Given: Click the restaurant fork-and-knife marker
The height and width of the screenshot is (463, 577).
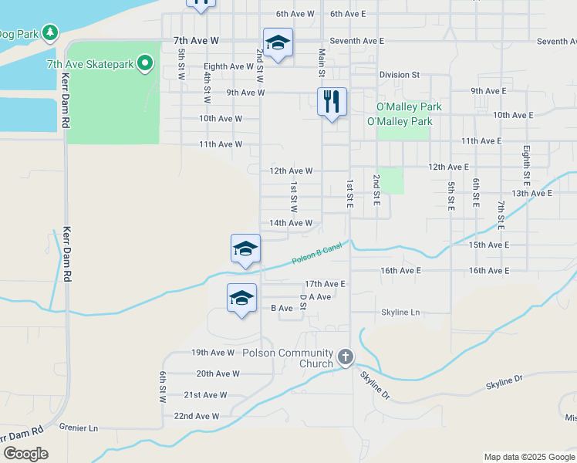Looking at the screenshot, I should pyautogui.click(x=332, y=101).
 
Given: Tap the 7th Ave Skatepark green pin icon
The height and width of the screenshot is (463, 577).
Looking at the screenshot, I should pyautogui.click(x=144, y=64).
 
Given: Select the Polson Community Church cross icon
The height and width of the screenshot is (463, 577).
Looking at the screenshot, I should pyautogui.click(x=345, y=358).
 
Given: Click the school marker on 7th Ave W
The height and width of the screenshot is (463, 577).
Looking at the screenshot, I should pyautogui.click(x=278, y=42).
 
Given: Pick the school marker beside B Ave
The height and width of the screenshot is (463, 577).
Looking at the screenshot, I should pyautogui.click(x=241, y=298).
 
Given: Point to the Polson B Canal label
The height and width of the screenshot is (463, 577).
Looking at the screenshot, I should pyautogui.click(x=316, y=254).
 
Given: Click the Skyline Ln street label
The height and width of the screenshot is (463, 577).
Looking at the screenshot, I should pyautogui.click(x=400, y=313).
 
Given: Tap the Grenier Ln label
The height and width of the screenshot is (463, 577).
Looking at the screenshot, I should pyautogui.click(x=83, y=428).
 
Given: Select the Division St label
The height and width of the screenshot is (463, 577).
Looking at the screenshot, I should pyautogui.click(x=399, y=75).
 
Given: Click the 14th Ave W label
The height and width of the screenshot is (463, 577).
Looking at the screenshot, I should pyautogui.click(x=291, y=223).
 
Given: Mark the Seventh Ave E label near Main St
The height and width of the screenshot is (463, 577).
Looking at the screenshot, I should pyautogui.click(x=356, y=40).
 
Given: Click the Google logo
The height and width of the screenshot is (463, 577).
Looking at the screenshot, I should pyautogui.click(x=25, y=453).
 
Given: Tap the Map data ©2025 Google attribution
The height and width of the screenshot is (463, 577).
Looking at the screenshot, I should pyautogui.click(x=528, y=457).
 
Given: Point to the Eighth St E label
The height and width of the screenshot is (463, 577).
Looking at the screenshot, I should pyautogui.click(x=526, y=164).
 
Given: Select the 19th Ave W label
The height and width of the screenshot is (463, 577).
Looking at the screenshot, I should pyautogui.click(x=213, y=353).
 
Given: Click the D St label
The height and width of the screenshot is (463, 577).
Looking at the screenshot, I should pyautogui.click(x=304, y=302).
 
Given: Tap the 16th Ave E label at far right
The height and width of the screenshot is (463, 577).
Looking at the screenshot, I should pyautogui.click(x=489, y=271).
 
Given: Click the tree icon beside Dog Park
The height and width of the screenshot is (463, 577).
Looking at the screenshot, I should pyautogui.click(x=50, y=32).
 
